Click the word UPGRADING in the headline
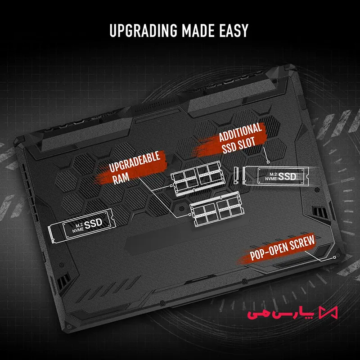pos(144,30)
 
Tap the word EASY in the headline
pos(234,30)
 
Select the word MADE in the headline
pos(198,30)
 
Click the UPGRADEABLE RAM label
pos(134,167)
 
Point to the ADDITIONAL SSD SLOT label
pos(239,139)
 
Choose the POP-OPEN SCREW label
pos(282,248)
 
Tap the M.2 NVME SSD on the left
pos(81,226)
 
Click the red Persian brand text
pos(280,313)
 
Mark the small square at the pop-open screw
pos(334,256)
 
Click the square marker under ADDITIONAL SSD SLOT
pos(268,162)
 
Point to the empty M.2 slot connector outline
pos(235,175)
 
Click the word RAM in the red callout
pos(121,178)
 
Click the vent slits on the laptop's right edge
pos(320,211)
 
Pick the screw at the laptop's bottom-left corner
pos(68,326)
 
